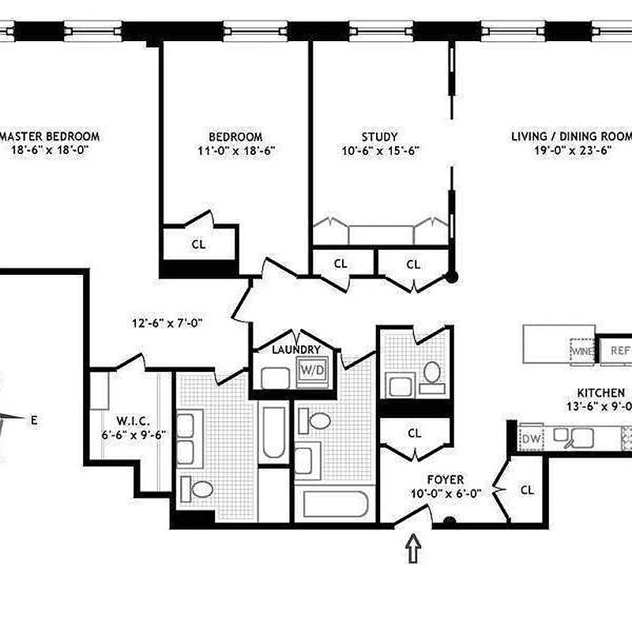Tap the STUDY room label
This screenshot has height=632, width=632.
tap(379, 136)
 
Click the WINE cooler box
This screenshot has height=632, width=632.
tap(582, 349)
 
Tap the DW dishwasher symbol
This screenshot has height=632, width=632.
tap(529, 437)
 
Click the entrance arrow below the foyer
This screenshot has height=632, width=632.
tap(412, 547)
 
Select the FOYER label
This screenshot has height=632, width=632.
tap(445, 480)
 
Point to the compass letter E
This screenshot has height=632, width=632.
tap(34, 420)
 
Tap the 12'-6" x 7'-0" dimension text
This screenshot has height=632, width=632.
tap(167, 322)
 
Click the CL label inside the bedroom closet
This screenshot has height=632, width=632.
tap(198, 244)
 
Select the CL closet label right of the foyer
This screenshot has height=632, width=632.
tap(527, 490)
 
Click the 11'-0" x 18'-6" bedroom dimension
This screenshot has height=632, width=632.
tap(235, 149)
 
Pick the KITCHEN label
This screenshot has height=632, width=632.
tap(601, 393)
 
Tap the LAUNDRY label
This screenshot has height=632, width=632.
tap(295, 349)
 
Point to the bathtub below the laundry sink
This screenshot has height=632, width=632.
tap(273, 432)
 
